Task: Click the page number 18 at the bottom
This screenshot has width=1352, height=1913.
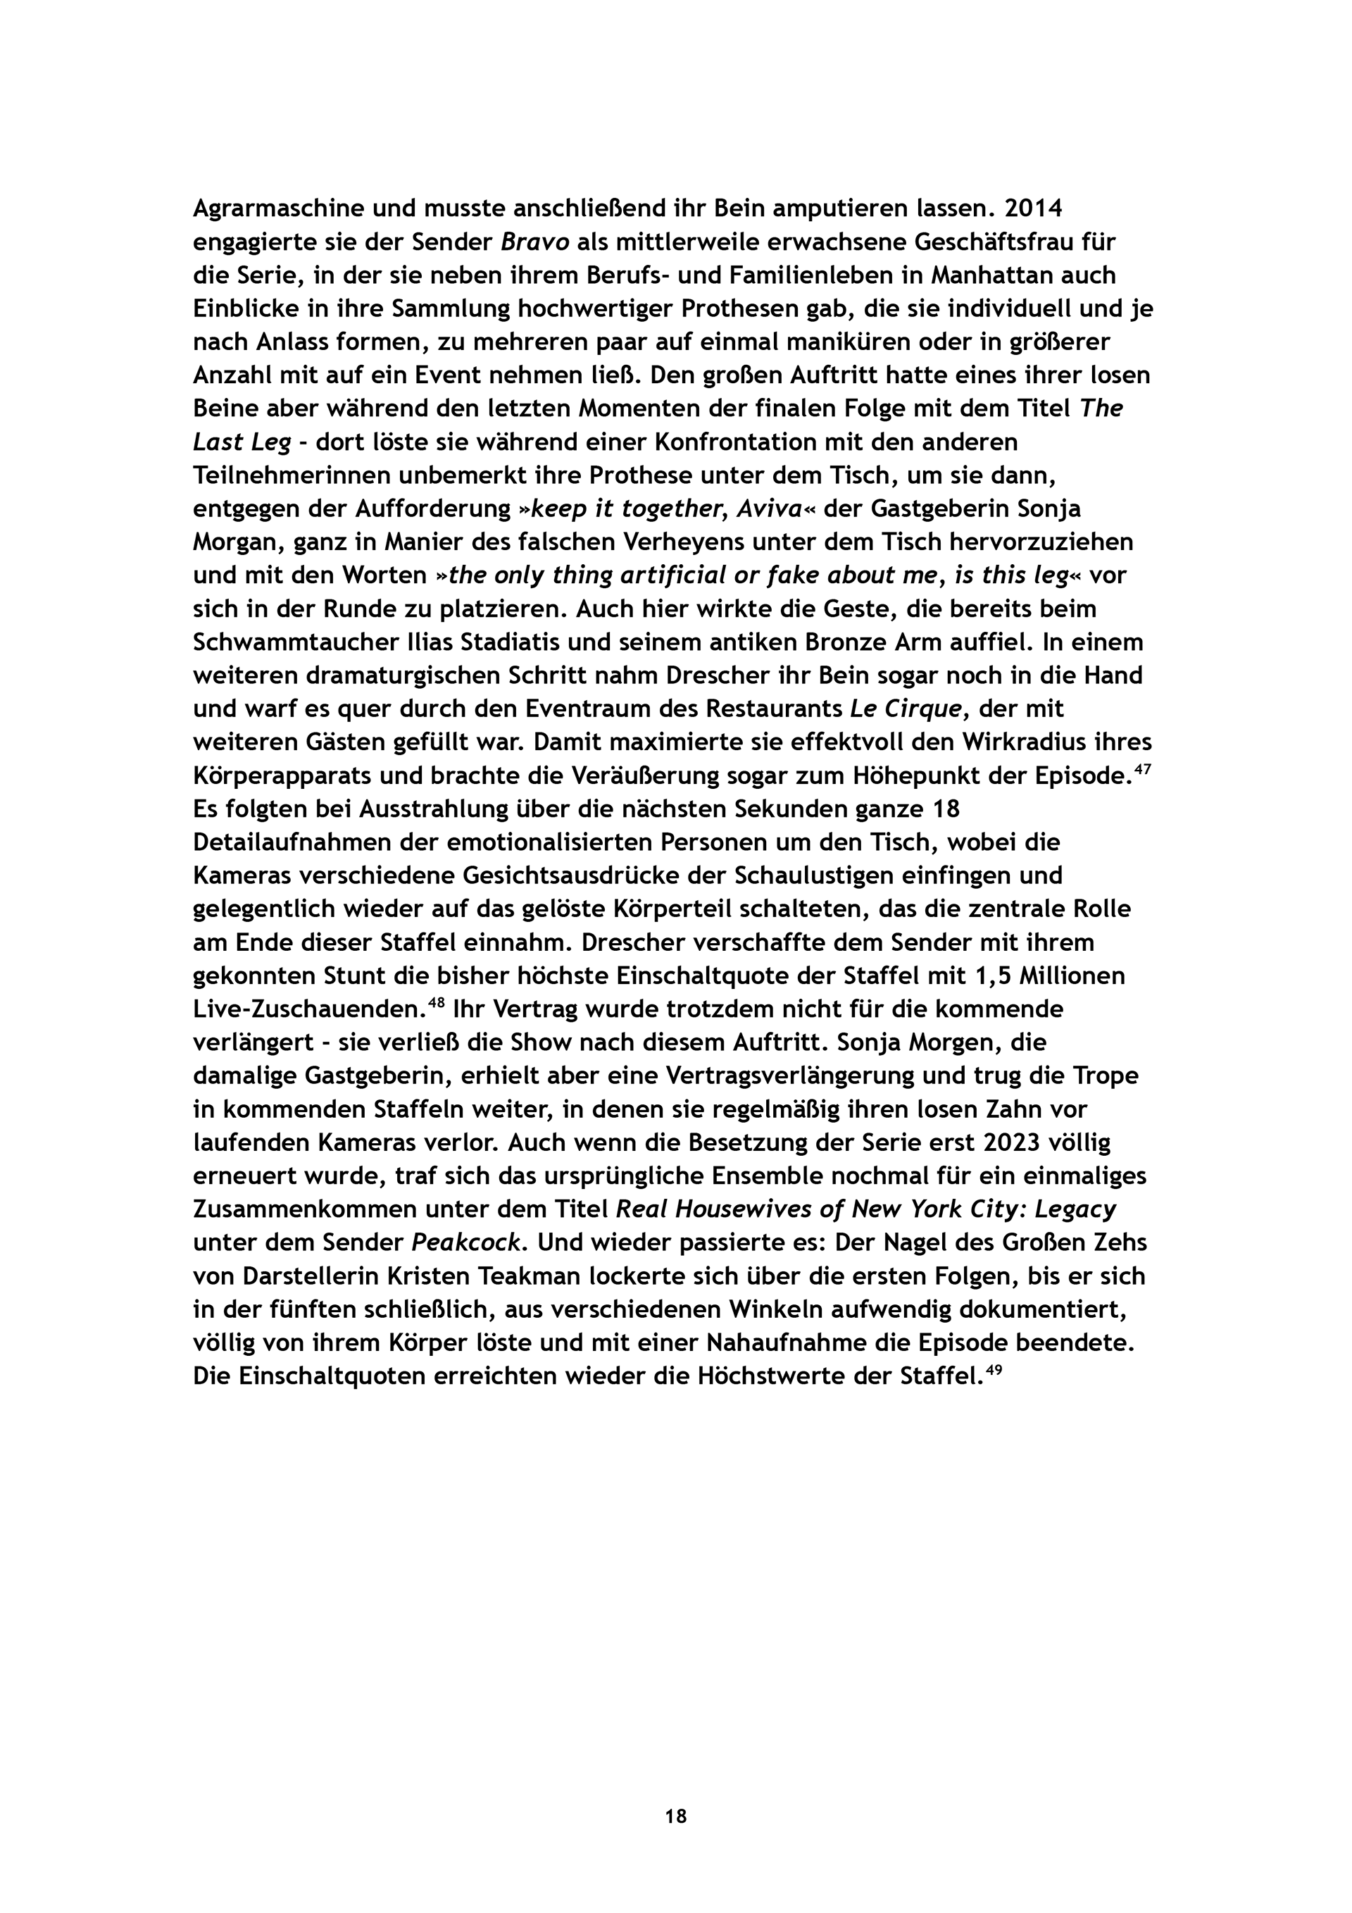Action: [x=675, y=1817]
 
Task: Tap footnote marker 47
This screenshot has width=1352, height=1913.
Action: [x=1142, y=770]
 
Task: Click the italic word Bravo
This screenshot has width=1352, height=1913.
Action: [x=534, y=242]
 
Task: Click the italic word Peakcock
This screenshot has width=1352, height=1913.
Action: [x=468, y=1242]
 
